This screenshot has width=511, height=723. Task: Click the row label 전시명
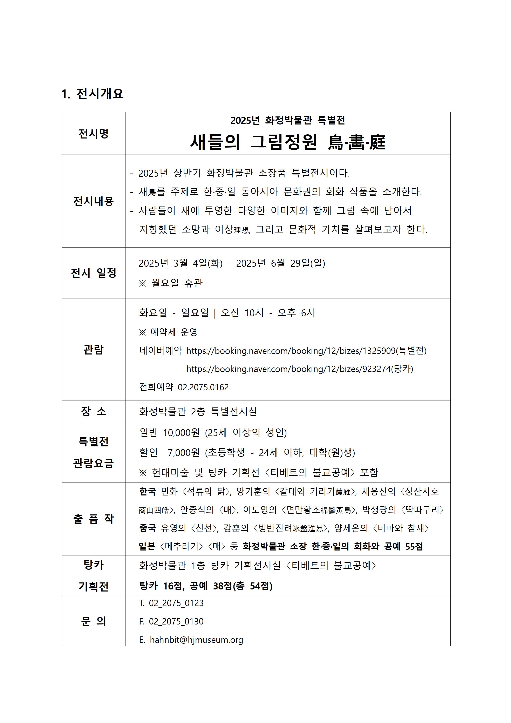[94, 134]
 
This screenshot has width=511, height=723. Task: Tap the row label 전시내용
[94, 201]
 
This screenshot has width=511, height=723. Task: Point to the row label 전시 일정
[94, 273]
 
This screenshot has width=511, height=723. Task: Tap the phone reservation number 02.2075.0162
[203, 387]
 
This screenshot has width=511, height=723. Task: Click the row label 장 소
[94, 411]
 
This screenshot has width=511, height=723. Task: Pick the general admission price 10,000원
[181, 433]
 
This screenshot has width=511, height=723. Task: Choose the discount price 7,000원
[184, 453]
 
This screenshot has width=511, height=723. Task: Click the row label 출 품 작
[94, 519]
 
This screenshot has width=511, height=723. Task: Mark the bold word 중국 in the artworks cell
[147, 528]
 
